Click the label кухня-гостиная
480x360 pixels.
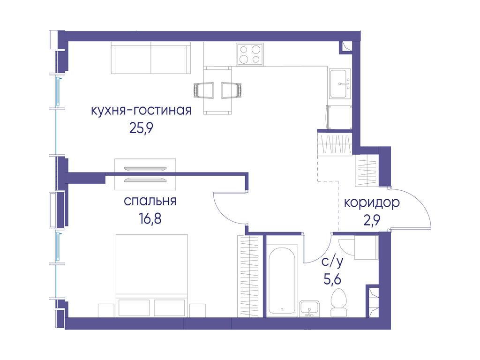(141, 111)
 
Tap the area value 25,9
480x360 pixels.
(141, 128)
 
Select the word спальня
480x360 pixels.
(150, 202)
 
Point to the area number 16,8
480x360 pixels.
(150, 219)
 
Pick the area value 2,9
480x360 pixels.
(372, 220)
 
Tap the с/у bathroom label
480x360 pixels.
(332, 262)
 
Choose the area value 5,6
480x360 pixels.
(332, 279)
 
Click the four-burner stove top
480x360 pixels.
(250, 54)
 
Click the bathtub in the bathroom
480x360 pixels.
(282, 280)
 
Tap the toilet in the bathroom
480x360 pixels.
(338, 302)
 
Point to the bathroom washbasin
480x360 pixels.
(309, 308)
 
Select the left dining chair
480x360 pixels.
(203, 90)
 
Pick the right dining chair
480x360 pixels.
(232, 90)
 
